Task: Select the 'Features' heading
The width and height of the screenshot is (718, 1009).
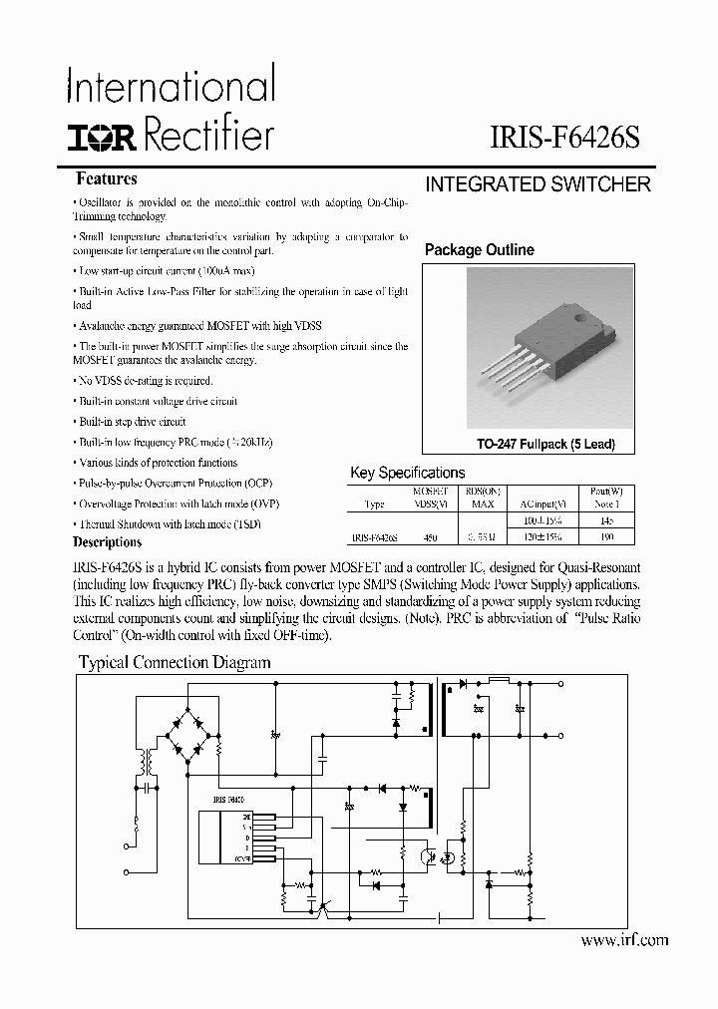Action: tap(107, 179)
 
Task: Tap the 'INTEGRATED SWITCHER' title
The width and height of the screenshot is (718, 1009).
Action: tap(538, 184)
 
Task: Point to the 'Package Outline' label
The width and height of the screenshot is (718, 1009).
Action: tap(479, 250)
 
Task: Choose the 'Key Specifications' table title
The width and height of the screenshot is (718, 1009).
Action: tap(408, 473)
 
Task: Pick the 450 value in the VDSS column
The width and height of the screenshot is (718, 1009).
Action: tap(431, 536)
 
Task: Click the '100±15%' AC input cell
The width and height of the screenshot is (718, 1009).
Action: tap(541, 520)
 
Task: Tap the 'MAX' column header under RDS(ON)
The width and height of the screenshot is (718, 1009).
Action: tap(483, 504)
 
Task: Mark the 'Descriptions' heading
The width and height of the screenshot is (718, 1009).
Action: tap(108, 542)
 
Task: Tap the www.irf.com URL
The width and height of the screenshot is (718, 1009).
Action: tap(623, 939)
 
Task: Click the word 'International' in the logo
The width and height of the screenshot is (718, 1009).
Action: tap(171, 87)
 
